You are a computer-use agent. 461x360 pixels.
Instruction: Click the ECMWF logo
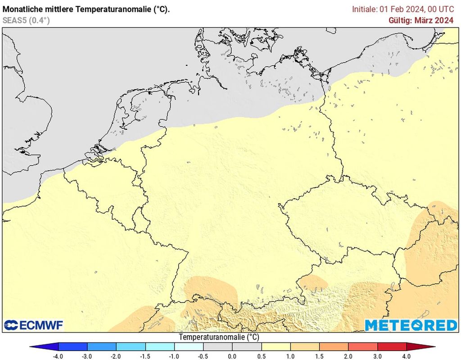pos(34,325)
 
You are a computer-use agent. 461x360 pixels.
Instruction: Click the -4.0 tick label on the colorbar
pos(58,356)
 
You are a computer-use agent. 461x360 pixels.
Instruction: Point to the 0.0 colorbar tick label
pos(232,356)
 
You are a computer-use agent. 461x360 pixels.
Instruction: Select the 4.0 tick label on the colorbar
pos(407,356)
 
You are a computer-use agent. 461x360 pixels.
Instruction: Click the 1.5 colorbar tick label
pos(320,356)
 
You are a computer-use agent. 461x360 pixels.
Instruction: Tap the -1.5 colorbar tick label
pos(145,356)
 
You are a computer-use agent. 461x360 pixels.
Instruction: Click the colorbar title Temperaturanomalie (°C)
pos(219,337)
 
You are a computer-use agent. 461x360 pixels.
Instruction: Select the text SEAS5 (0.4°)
pos(26,20)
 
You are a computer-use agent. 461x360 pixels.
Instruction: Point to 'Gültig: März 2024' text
pos(421,20)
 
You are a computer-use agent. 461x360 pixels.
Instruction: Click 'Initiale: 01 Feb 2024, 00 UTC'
pos(403,9)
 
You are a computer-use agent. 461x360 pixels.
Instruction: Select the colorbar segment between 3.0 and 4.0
pos(392,347)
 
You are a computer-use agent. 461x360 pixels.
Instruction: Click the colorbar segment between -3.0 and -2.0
pos(102,347)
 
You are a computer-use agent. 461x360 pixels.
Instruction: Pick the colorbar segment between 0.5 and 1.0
pos(276,347)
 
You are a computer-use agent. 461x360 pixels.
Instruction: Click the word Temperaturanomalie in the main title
pos(109,9)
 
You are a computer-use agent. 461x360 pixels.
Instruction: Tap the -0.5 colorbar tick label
pos(203,356)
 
